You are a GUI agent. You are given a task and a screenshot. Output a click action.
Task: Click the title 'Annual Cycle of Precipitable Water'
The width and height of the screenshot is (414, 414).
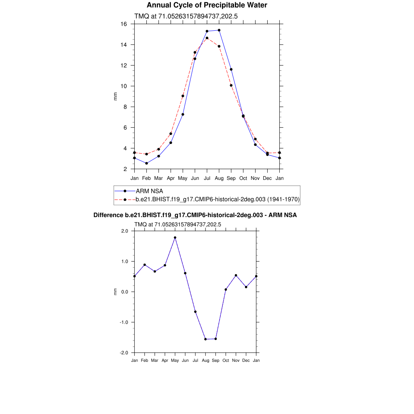[207, 5]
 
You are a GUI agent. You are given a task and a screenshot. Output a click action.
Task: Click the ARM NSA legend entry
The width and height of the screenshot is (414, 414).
[149, 191]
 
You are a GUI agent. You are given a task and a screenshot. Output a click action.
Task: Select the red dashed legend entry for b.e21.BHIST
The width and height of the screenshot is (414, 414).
[218, 199]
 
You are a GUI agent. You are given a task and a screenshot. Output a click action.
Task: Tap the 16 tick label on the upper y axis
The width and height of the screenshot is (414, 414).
[124, 24]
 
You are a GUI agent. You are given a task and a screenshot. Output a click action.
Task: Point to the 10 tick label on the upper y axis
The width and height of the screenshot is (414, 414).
[124, 86]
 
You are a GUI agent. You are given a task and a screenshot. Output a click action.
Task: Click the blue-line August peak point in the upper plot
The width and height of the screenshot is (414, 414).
[219, 30]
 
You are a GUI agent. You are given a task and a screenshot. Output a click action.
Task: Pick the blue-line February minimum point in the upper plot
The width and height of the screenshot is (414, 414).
[146, 163]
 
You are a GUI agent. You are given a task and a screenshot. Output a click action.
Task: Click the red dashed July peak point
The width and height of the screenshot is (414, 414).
[207, 38]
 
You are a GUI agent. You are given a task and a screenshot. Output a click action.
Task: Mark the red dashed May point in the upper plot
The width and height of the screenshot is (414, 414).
[183, 96]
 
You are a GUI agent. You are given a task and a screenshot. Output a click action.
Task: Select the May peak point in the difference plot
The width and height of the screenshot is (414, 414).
[175, 238]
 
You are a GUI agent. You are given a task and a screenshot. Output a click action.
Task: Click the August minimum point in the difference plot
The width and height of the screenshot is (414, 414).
[205, 339]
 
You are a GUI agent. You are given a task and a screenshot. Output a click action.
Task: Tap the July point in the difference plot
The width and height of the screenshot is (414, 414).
[195, 312]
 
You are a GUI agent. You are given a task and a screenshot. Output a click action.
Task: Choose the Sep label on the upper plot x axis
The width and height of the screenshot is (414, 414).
[231, 178]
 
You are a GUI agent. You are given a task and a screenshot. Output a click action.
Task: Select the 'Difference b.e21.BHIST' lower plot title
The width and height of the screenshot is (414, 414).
[195, 215]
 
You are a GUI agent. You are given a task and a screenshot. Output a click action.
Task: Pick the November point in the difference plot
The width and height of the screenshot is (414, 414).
[236, 275]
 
